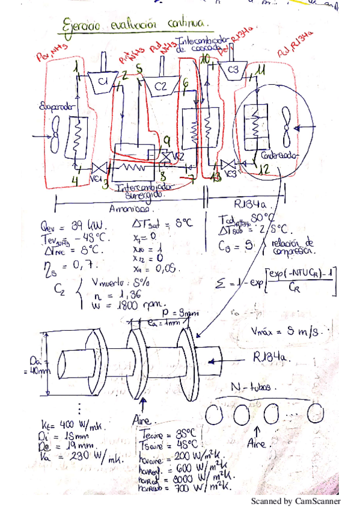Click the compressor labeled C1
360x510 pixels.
pyautogui.click(x=102, y=81)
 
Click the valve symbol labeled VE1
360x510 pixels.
pyautogui.click(x=97, y=170)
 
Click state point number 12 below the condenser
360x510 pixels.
pyautogui.click(x=263, y=170)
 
